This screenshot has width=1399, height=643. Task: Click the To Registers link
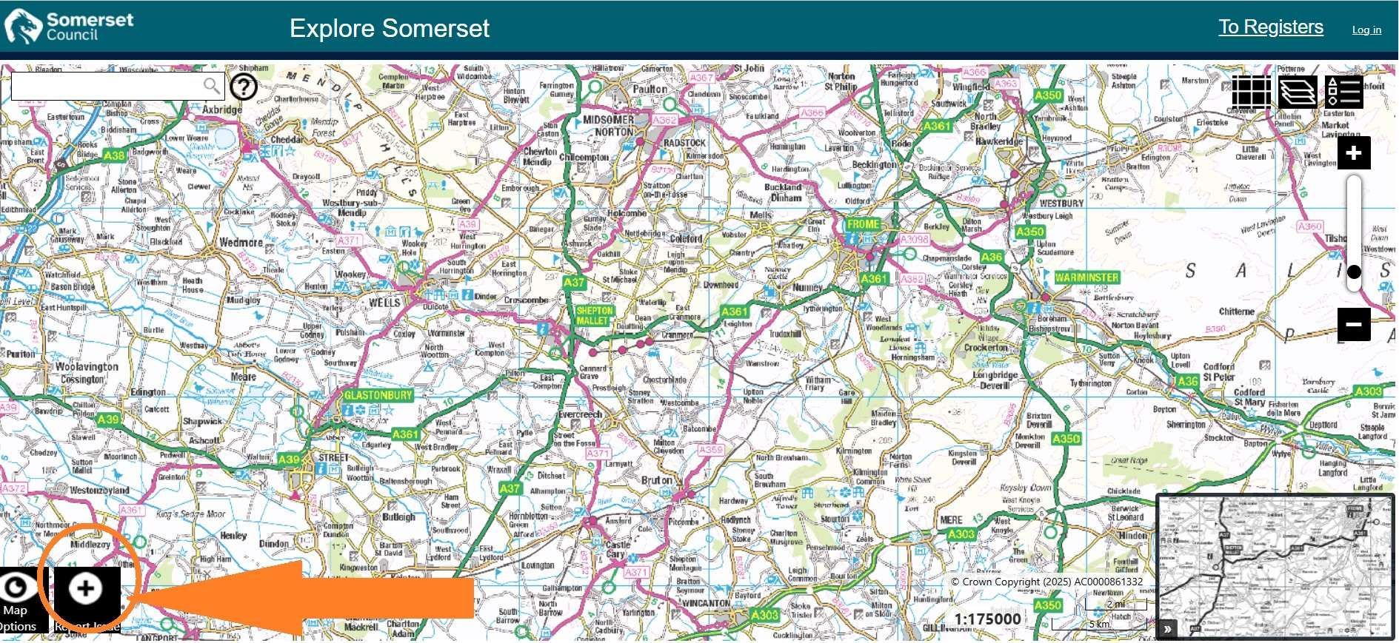pos(1270,27)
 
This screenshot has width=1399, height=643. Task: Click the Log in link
pos(1366,30)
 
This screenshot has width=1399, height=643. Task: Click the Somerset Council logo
pos(68,27)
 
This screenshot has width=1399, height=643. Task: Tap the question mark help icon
pos(244,87)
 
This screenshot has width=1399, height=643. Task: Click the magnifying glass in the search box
pos(212,87)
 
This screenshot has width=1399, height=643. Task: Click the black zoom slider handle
pos(1353,272)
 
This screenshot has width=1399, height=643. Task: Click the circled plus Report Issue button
pos(86,588)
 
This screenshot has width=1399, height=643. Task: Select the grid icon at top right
pos(1251,92)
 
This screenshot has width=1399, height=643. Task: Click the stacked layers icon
pos(1298,92)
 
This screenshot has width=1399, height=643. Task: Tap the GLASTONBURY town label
pos(378,395)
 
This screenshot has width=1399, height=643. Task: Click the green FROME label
pos(863,224)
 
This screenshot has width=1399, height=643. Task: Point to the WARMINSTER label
pos(1086,277)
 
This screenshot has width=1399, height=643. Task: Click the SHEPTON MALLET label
pos(594,316)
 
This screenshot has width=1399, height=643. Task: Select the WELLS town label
pos(384,303)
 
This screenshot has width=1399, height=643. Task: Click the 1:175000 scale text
pos(987,619)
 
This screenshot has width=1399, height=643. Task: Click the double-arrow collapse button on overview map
pos(1167,629)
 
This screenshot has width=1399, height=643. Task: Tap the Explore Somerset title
pos(389,28)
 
